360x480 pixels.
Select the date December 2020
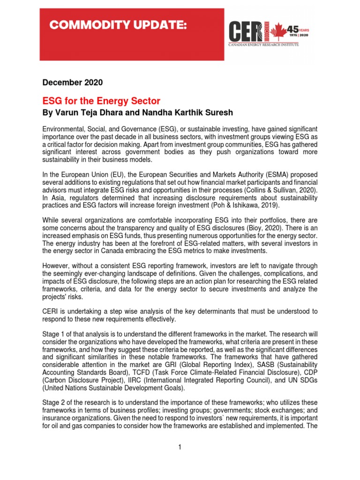click(73, 82)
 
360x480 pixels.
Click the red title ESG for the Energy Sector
click(101, 101)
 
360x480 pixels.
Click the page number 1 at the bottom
click(180, 447)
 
